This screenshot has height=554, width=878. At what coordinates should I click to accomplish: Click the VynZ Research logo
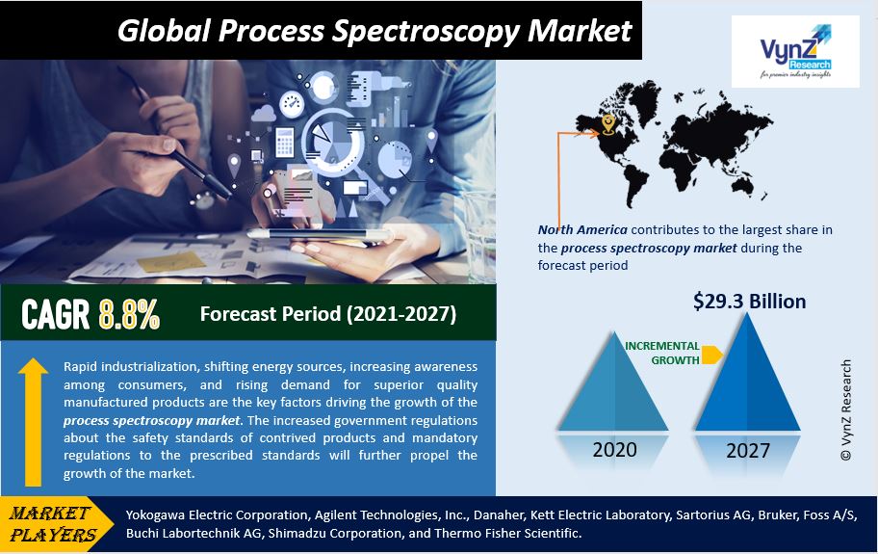pos(795,51)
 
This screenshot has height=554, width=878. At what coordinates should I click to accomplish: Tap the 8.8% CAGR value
pos(129,314)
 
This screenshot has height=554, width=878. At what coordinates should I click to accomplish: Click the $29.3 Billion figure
pos(749,302)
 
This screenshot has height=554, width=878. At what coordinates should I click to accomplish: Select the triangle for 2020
pos(613,382)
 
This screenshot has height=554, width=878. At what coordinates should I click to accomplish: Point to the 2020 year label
pos(614,450)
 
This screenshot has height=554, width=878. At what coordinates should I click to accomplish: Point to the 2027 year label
pos(748,451)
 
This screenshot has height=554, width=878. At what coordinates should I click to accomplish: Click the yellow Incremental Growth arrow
pos(711,355)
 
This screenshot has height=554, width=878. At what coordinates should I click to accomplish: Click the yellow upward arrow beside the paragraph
pos(33,422)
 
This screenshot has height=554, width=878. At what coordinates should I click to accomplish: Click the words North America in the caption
pos(582,229)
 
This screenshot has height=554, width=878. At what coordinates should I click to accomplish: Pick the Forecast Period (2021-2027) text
pos(328,314)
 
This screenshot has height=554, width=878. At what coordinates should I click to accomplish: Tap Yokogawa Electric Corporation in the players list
pos(218,514)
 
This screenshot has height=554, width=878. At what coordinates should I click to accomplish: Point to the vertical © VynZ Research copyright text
pos(846,410)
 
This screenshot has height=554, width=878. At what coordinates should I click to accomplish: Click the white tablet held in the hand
pos(321,235)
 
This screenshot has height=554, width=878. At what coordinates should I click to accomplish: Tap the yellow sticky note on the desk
pos(171,262)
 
